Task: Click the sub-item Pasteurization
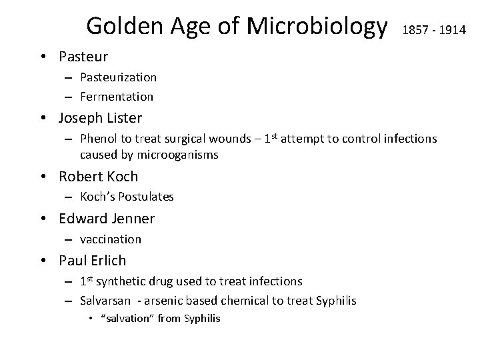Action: [x=118, y=78]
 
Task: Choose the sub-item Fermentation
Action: [x=116, y=97]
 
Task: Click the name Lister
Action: [x=121, y=119]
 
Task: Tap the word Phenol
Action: [x=97, y=139]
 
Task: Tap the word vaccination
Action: [x=111, y=239]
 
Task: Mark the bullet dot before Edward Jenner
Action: [x=48, y=219]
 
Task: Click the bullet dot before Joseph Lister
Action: [x=48, y=119]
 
